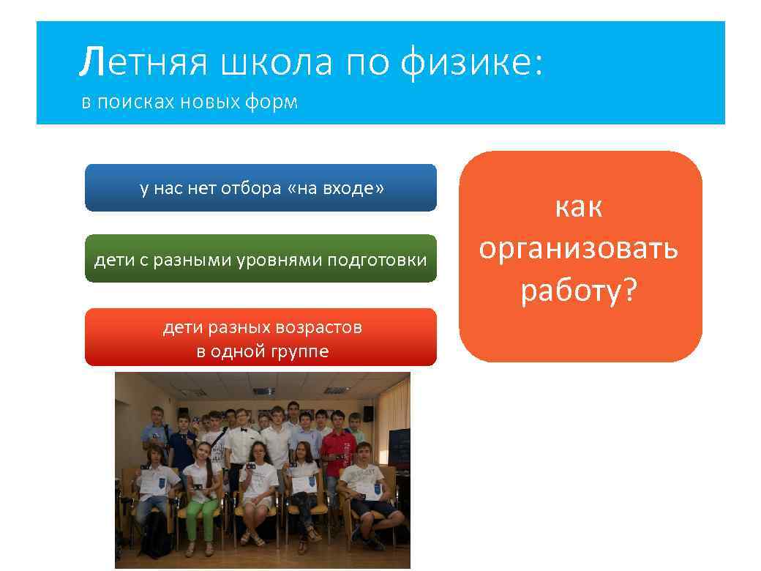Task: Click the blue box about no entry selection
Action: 260,188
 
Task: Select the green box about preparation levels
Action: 260,259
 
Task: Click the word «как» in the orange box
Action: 579,207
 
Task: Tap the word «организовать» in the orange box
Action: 579,249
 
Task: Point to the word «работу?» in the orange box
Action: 579,291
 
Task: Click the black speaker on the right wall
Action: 368,414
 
